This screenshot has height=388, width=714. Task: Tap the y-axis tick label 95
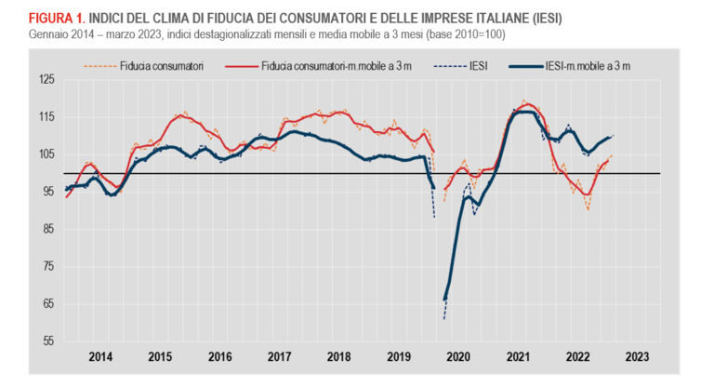point(46,192)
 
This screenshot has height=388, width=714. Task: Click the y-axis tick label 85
point(46,229)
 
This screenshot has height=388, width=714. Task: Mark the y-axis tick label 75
point(46,266)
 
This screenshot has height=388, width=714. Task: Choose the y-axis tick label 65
point(46,303)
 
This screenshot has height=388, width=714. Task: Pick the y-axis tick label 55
point(46,341)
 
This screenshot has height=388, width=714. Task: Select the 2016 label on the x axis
point(219,356)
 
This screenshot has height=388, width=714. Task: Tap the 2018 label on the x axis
point(338,356)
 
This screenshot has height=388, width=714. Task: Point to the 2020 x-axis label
point(457,356)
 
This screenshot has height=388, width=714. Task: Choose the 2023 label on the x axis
point(637,356)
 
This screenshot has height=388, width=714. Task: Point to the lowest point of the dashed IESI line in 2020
point(444,319)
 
